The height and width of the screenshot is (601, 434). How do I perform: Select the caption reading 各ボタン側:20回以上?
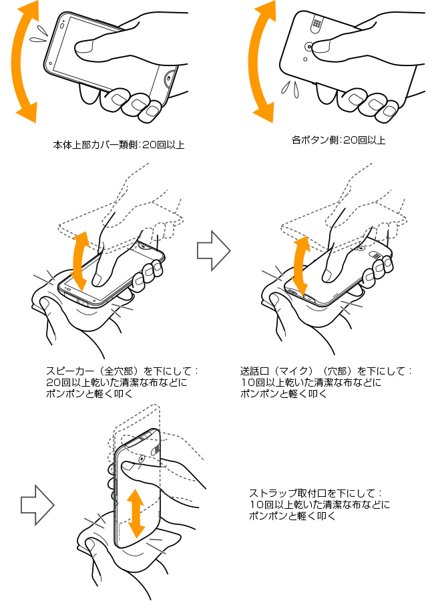(339, 141)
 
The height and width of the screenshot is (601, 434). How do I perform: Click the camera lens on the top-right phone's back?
(309, 47)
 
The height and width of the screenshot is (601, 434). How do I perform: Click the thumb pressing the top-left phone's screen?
(90, 47)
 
